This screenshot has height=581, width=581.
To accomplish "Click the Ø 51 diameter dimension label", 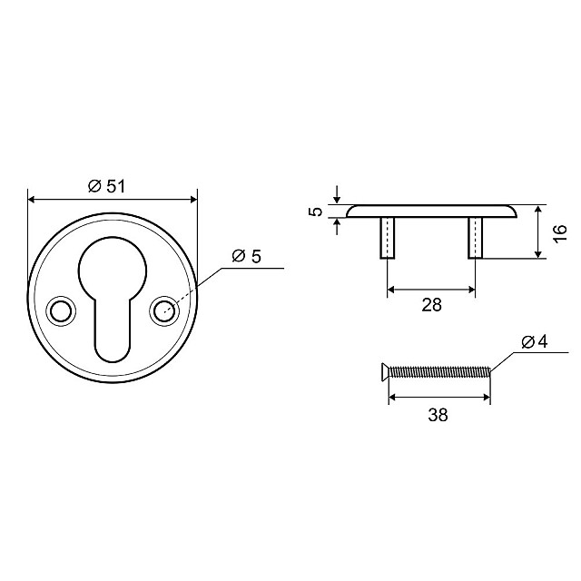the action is (107, 186).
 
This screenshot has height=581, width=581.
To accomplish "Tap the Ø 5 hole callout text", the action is (246, 256).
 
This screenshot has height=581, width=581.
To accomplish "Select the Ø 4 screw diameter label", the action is (535, 341).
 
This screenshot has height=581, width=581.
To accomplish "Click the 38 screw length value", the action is (438, 415).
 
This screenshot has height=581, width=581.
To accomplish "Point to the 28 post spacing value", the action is (432, 305).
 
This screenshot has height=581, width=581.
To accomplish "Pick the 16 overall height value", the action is (560, 234).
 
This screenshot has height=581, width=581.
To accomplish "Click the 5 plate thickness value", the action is (316, 212).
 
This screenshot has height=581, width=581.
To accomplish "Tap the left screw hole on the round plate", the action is (61, 311).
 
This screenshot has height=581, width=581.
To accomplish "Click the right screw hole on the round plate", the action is (164, 311).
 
